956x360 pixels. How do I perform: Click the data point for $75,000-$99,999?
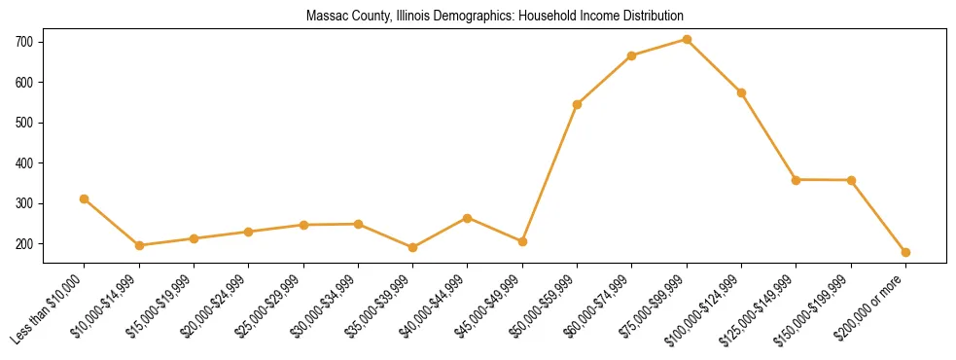pyautogui.click(x=687, y=40)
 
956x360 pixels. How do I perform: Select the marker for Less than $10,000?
pyautogui.click(x=85, y=198)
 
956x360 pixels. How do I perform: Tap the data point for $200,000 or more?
pyautogui.click(x=905, y=252)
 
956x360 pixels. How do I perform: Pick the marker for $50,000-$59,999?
pyautogui.click(x=578, y=104)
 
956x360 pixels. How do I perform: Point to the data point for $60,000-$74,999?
pyautogui.click(x=632, y=55)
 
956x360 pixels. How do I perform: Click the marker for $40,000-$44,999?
pyautogui.click(x=468, y=218)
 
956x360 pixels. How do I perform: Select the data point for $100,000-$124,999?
pyautogui.click(x=741, y=92)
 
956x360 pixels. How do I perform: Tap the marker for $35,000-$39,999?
pyautogui.click(x=413, y=247)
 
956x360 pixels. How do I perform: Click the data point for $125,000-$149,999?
pyautogui.click(x=797, y=180)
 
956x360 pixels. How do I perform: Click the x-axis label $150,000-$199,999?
pyautogui.click(x=820, y=303)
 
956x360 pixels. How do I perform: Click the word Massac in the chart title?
pyautogui.click(x=324, y=17)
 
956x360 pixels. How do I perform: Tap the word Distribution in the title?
pyautogui.click(x=655, y=17)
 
